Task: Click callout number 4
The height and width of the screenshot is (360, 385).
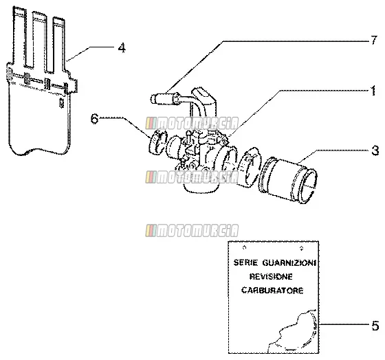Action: (122, 48)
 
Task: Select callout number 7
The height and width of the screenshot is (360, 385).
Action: (373, 41)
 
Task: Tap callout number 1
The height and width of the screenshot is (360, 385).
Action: (373, 91)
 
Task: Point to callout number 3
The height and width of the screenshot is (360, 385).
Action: (375, 150)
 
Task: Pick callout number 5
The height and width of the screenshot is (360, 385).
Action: (375, 326)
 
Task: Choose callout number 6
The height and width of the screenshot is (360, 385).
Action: (95, 119)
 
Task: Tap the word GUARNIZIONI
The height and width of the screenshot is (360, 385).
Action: (289, 263)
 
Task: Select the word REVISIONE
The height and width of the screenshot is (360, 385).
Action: (271, 277)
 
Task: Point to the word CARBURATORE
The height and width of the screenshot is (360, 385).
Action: (272, 291)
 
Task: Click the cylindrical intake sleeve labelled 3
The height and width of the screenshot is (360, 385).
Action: (287, 181)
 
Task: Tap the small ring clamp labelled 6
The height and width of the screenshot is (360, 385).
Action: (158, 142)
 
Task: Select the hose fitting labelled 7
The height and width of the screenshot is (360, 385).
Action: (166, 98)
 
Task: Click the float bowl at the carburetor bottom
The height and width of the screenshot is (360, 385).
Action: (200, 185)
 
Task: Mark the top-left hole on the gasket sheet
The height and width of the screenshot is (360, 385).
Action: (244, 247)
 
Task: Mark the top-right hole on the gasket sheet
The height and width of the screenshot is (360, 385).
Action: (302, 248)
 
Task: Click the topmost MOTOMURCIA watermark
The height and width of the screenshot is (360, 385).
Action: (192, 123)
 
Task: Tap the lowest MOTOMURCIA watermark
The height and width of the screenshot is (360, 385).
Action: (192, 230)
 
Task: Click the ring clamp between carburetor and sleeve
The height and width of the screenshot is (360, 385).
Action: (248, 167)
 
